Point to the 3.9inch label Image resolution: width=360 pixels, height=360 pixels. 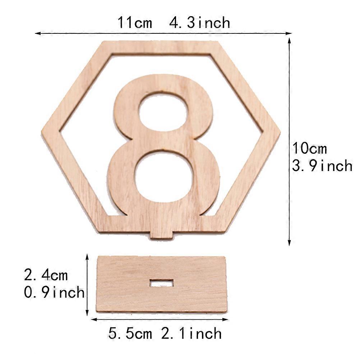pyautogui.click(x=322, y=166)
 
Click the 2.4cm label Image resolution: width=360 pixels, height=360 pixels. pyautogui.click(x=46, y=275)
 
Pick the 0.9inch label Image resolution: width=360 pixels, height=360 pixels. pyautogui.click(x=54, y=292)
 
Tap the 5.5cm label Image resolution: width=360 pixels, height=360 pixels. pyautogui.click(x=130, y=333)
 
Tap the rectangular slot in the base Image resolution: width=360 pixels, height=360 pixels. pyautogui.click(x=162, y=283)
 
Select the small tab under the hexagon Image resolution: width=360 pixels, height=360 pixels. pyautogui.click(x=161, y=235)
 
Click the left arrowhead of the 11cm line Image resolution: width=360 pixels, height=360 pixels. pyautogui.click(x=37, y=33)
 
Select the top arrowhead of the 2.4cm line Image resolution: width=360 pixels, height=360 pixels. pyautogui.click(x=87, y=256)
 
